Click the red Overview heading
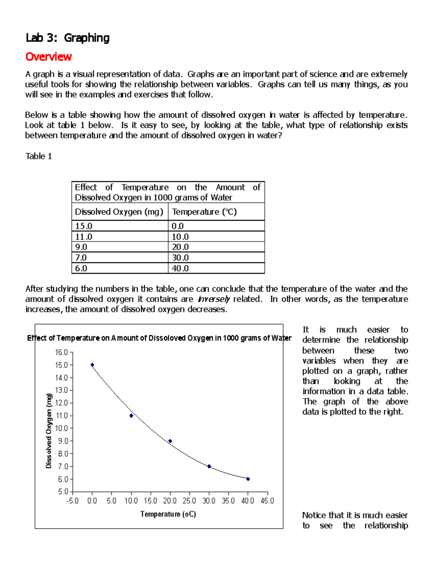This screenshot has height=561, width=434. click(48, 57)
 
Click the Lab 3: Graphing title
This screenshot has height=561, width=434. click(67, 38)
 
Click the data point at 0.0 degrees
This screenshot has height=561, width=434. click(92, 365)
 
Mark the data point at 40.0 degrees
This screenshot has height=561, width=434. click(248, 479)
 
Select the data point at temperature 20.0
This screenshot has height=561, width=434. click(170, 441)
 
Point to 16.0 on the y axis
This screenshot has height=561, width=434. click(61, 352)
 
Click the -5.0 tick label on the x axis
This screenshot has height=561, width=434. click(73, 501)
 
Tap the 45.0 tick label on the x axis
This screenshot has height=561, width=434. click(267, 501)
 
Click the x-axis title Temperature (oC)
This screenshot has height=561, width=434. click(168, 514)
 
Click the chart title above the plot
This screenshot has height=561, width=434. click(159, 338)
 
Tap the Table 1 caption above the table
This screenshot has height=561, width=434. click(38, 156)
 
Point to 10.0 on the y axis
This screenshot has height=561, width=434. click(61, 428)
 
